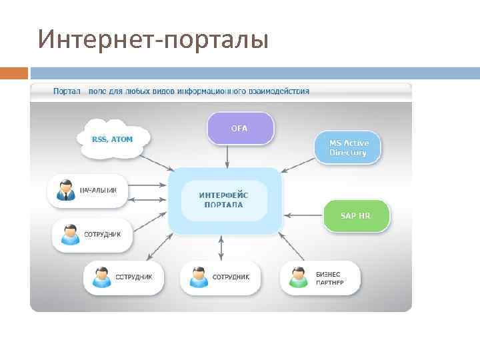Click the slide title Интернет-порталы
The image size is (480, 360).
(153, 39)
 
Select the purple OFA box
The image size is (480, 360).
(239, 128)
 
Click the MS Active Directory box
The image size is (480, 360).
(347, 148)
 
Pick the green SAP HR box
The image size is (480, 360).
(355, 216)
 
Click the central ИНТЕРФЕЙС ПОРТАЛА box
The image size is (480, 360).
(224, 200)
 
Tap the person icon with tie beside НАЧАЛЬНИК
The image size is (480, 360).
(65, 190)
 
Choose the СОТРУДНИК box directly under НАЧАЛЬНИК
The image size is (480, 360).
(92, 235)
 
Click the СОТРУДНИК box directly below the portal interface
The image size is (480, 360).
(219, 277)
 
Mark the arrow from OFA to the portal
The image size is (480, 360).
(227, 156)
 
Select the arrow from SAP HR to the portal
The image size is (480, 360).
(303, 215)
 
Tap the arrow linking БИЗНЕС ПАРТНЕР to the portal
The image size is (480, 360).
(292, 247)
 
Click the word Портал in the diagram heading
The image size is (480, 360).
(67, 91)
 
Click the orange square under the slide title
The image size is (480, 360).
(14, 73)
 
